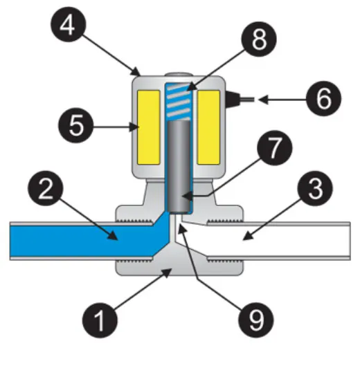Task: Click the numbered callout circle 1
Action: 100,320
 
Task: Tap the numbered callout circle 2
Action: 46,188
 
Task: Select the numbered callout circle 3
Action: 315,188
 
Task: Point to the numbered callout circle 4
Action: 69,24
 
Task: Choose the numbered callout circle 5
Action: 76,125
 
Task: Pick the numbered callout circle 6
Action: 323,98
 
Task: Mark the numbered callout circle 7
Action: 275,148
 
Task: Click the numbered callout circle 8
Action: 259,39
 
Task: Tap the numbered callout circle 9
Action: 256,320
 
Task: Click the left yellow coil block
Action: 148,127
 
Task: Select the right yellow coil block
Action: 208,127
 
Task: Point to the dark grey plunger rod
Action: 179,167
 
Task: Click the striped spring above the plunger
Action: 178,101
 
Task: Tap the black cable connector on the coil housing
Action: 233,100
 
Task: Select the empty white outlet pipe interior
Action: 270,241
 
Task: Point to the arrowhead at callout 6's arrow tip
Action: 263,100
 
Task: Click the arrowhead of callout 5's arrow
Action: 134,127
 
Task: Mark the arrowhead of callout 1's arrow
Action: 168,273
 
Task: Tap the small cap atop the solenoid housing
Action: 179,75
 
